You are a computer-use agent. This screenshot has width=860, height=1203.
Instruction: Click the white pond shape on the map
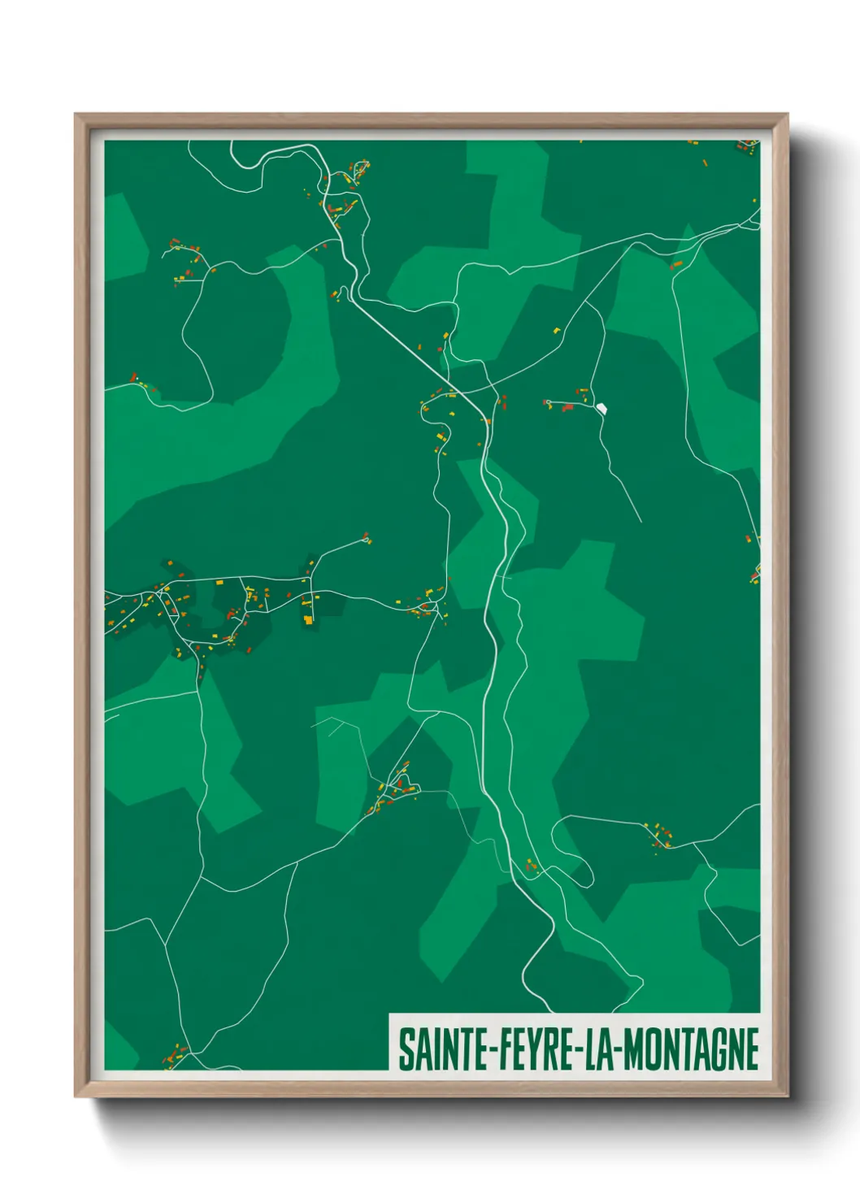tap(602, 407)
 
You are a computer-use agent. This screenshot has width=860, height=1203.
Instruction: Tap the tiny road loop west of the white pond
tap(548, 402)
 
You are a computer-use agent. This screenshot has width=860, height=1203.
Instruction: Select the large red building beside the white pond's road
tap(568, 407)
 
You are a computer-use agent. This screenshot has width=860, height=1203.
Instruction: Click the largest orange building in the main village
tap(308, 619)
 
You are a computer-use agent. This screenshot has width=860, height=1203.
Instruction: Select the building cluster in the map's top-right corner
tap(746, 146)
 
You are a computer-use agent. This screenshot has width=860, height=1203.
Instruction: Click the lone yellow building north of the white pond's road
tap(557, 330)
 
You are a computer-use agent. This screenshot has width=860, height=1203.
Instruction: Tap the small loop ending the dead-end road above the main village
tap(367, 538)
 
